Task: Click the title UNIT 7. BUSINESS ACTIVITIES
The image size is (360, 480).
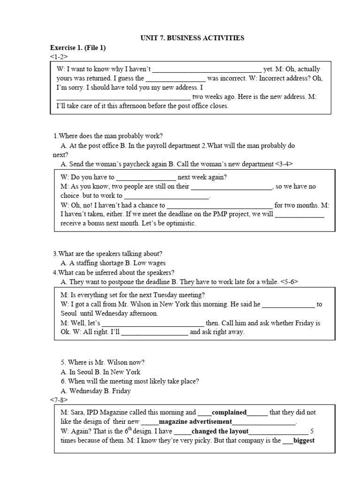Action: [x=192, y=38]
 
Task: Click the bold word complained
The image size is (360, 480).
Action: [x=229, y=412]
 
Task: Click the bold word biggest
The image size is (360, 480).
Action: [x=304, y=441]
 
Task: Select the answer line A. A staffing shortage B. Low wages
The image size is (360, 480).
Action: [x=113, y=263]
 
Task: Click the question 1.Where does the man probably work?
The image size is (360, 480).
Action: [x=108, y=135]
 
